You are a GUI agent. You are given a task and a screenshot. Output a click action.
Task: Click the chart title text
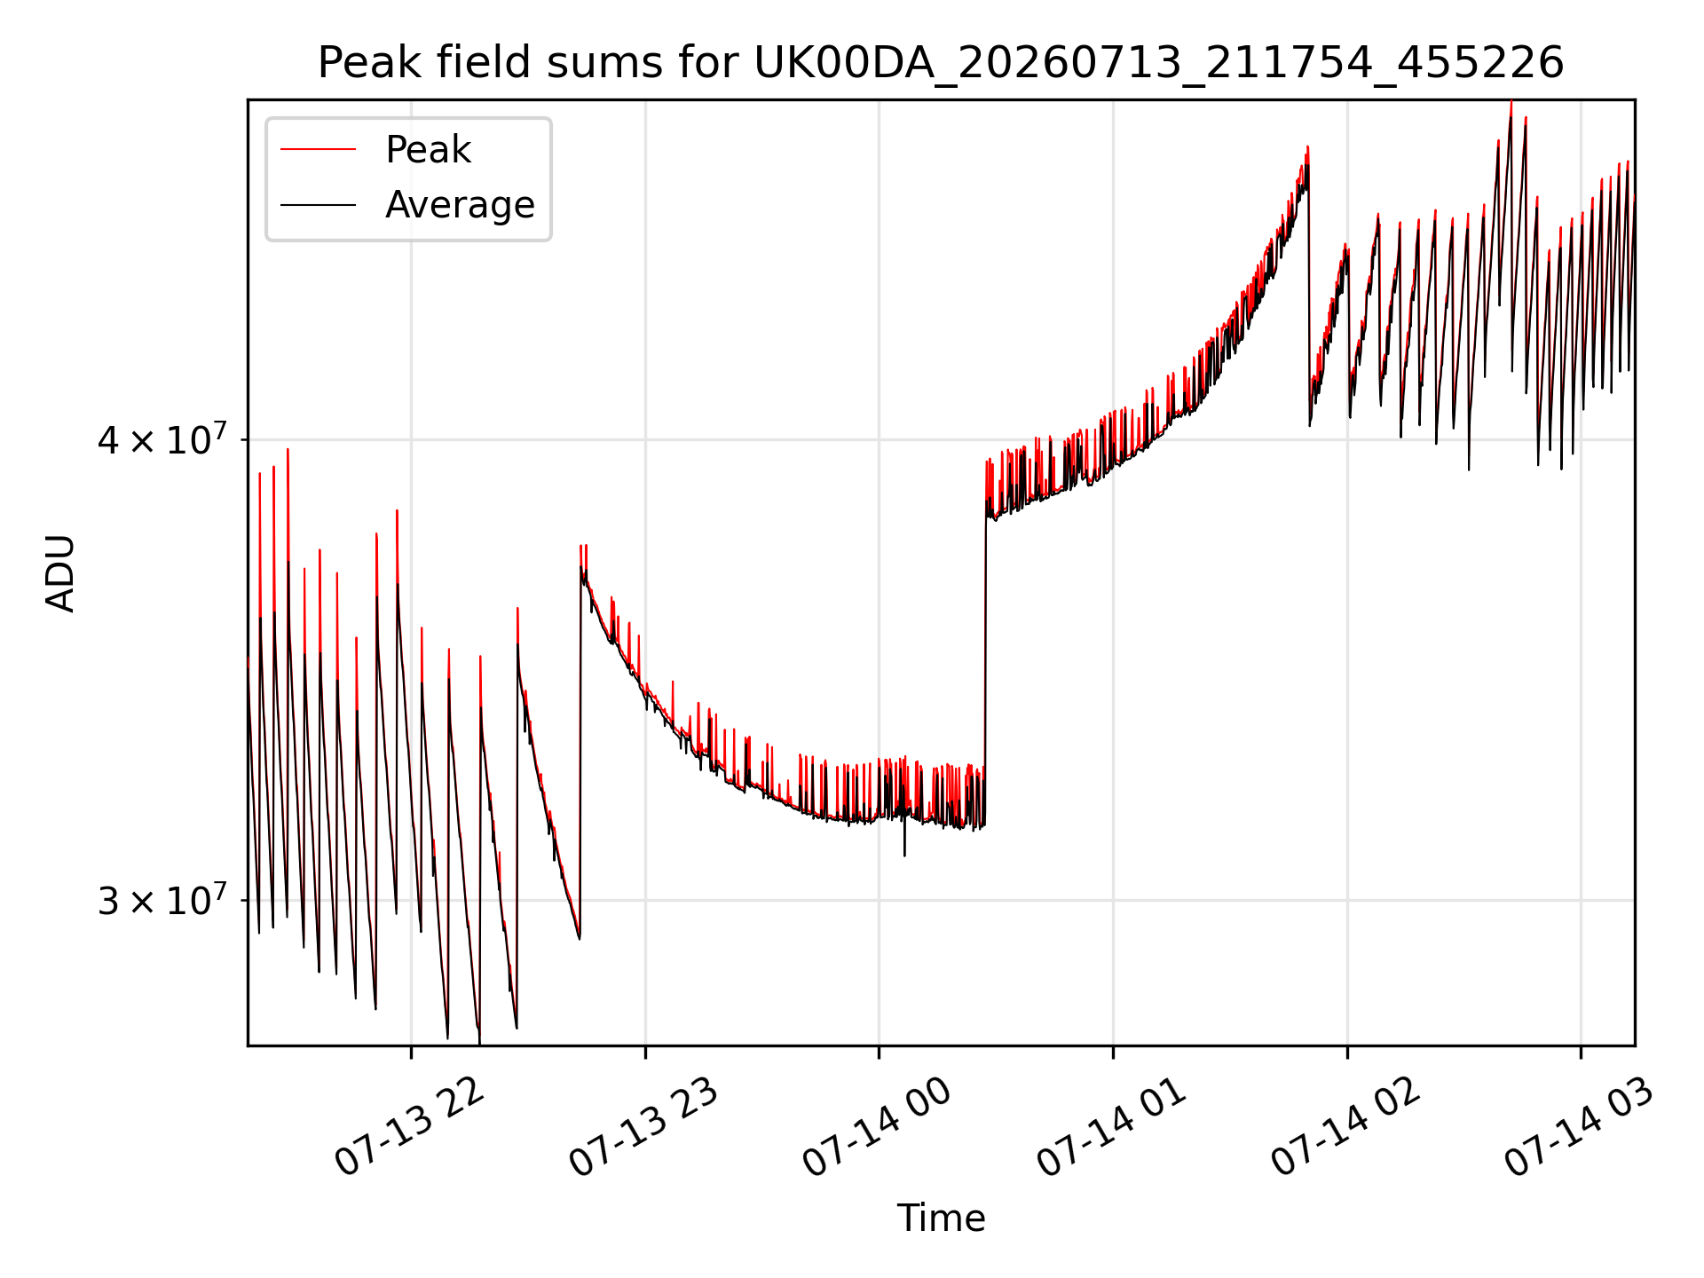click(941, 63)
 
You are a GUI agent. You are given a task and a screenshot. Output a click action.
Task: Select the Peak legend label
click(428, 150)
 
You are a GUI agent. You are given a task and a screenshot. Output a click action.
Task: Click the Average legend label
click(460, 205)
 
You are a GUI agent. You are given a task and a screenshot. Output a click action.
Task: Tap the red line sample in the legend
click(318, 150)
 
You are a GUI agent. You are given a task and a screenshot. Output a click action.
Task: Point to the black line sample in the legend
click(318, 205)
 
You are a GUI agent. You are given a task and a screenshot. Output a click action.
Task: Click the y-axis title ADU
click(60, 573)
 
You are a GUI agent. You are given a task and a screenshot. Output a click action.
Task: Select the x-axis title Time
click(941, 1219)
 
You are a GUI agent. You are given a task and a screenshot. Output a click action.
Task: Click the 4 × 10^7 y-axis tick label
click(162, 439)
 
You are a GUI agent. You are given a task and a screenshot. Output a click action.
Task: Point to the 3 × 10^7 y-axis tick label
click(162, 901)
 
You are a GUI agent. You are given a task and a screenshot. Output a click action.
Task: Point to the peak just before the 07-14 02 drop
click(1307, 147)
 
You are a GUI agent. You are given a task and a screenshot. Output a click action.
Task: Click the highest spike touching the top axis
click(1511, 103)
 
